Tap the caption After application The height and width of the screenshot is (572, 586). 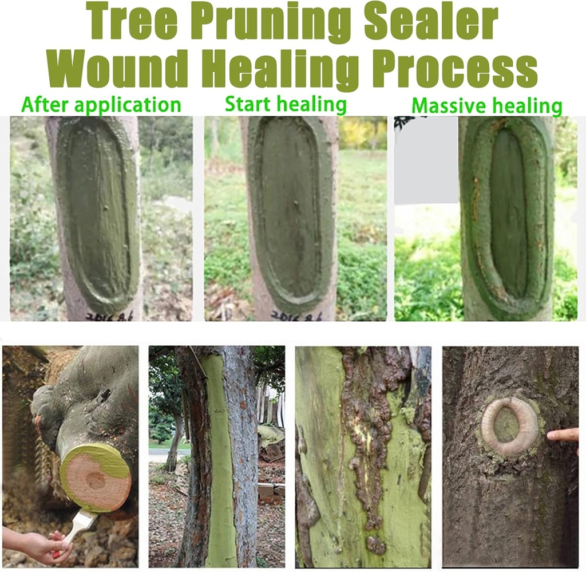101,105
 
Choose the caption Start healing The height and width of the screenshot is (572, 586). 286,104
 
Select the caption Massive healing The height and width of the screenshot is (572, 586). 486,106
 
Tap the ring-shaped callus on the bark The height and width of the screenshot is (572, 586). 509,426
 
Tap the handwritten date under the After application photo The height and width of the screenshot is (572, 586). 108,315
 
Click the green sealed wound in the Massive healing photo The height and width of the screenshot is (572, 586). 507,218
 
